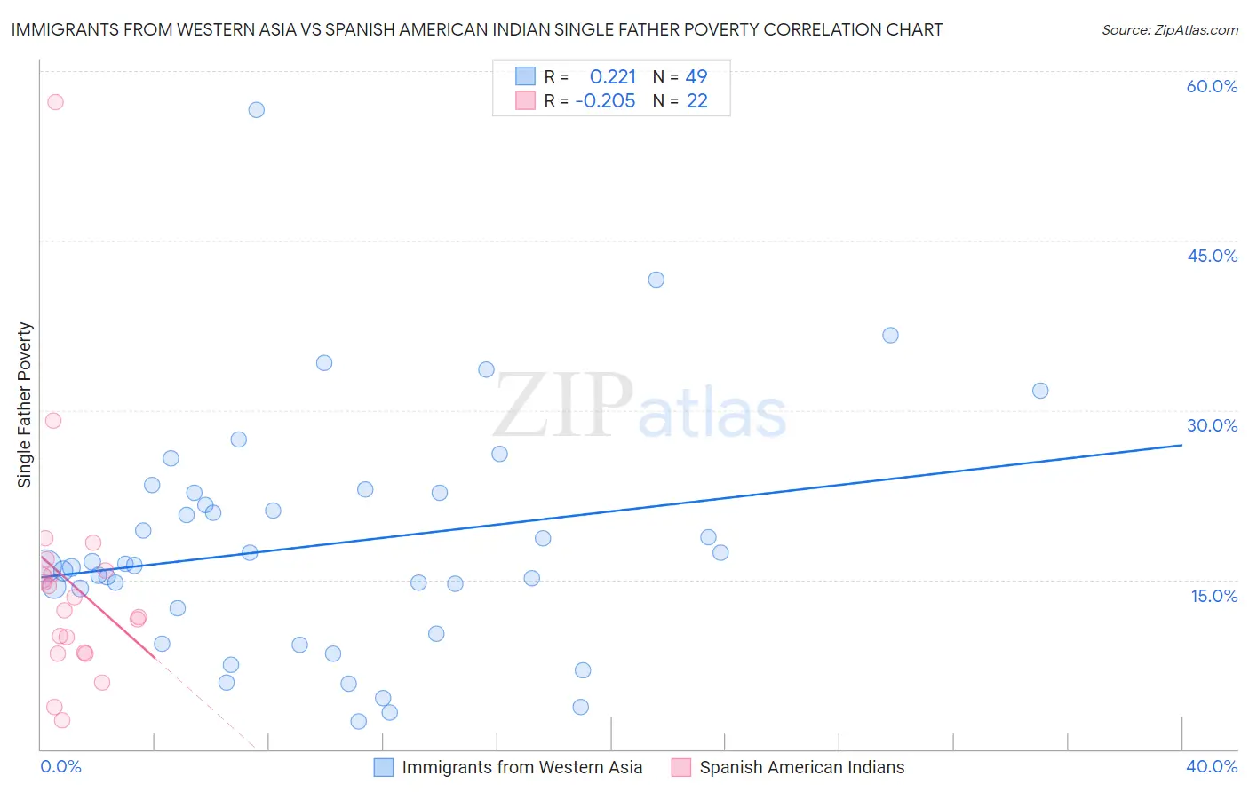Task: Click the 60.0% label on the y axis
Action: click(x=1212, y=86)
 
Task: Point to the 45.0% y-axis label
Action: click(x=1212, y=256)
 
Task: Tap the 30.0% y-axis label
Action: click(x=1212, y=425)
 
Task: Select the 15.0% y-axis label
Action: click(x=1213, y=596)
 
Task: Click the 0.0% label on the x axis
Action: click(x=60, y=766)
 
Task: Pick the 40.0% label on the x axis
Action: click(x=1212, y=766)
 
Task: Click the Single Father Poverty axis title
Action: click(x=25, y=405)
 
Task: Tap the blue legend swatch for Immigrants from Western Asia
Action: click(x=384, y=767)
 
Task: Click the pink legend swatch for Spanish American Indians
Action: click(x=681, y=767)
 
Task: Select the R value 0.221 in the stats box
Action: click(x=613, y=77)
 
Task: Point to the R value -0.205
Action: click(x=605, y=101)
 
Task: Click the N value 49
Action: click(x=696, y=77)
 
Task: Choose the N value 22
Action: click(x=696, y=101)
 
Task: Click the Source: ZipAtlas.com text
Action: click(x=1169, y=30)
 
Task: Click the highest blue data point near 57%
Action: click(x=256, y=110)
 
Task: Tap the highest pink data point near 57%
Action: click(x=55, y=102)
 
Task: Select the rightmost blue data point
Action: click(x=1040, y=391)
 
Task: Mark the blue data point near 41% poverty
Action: click(x=656, y=280)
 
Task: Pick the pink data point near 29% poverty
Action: click(x=53, y=421)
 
